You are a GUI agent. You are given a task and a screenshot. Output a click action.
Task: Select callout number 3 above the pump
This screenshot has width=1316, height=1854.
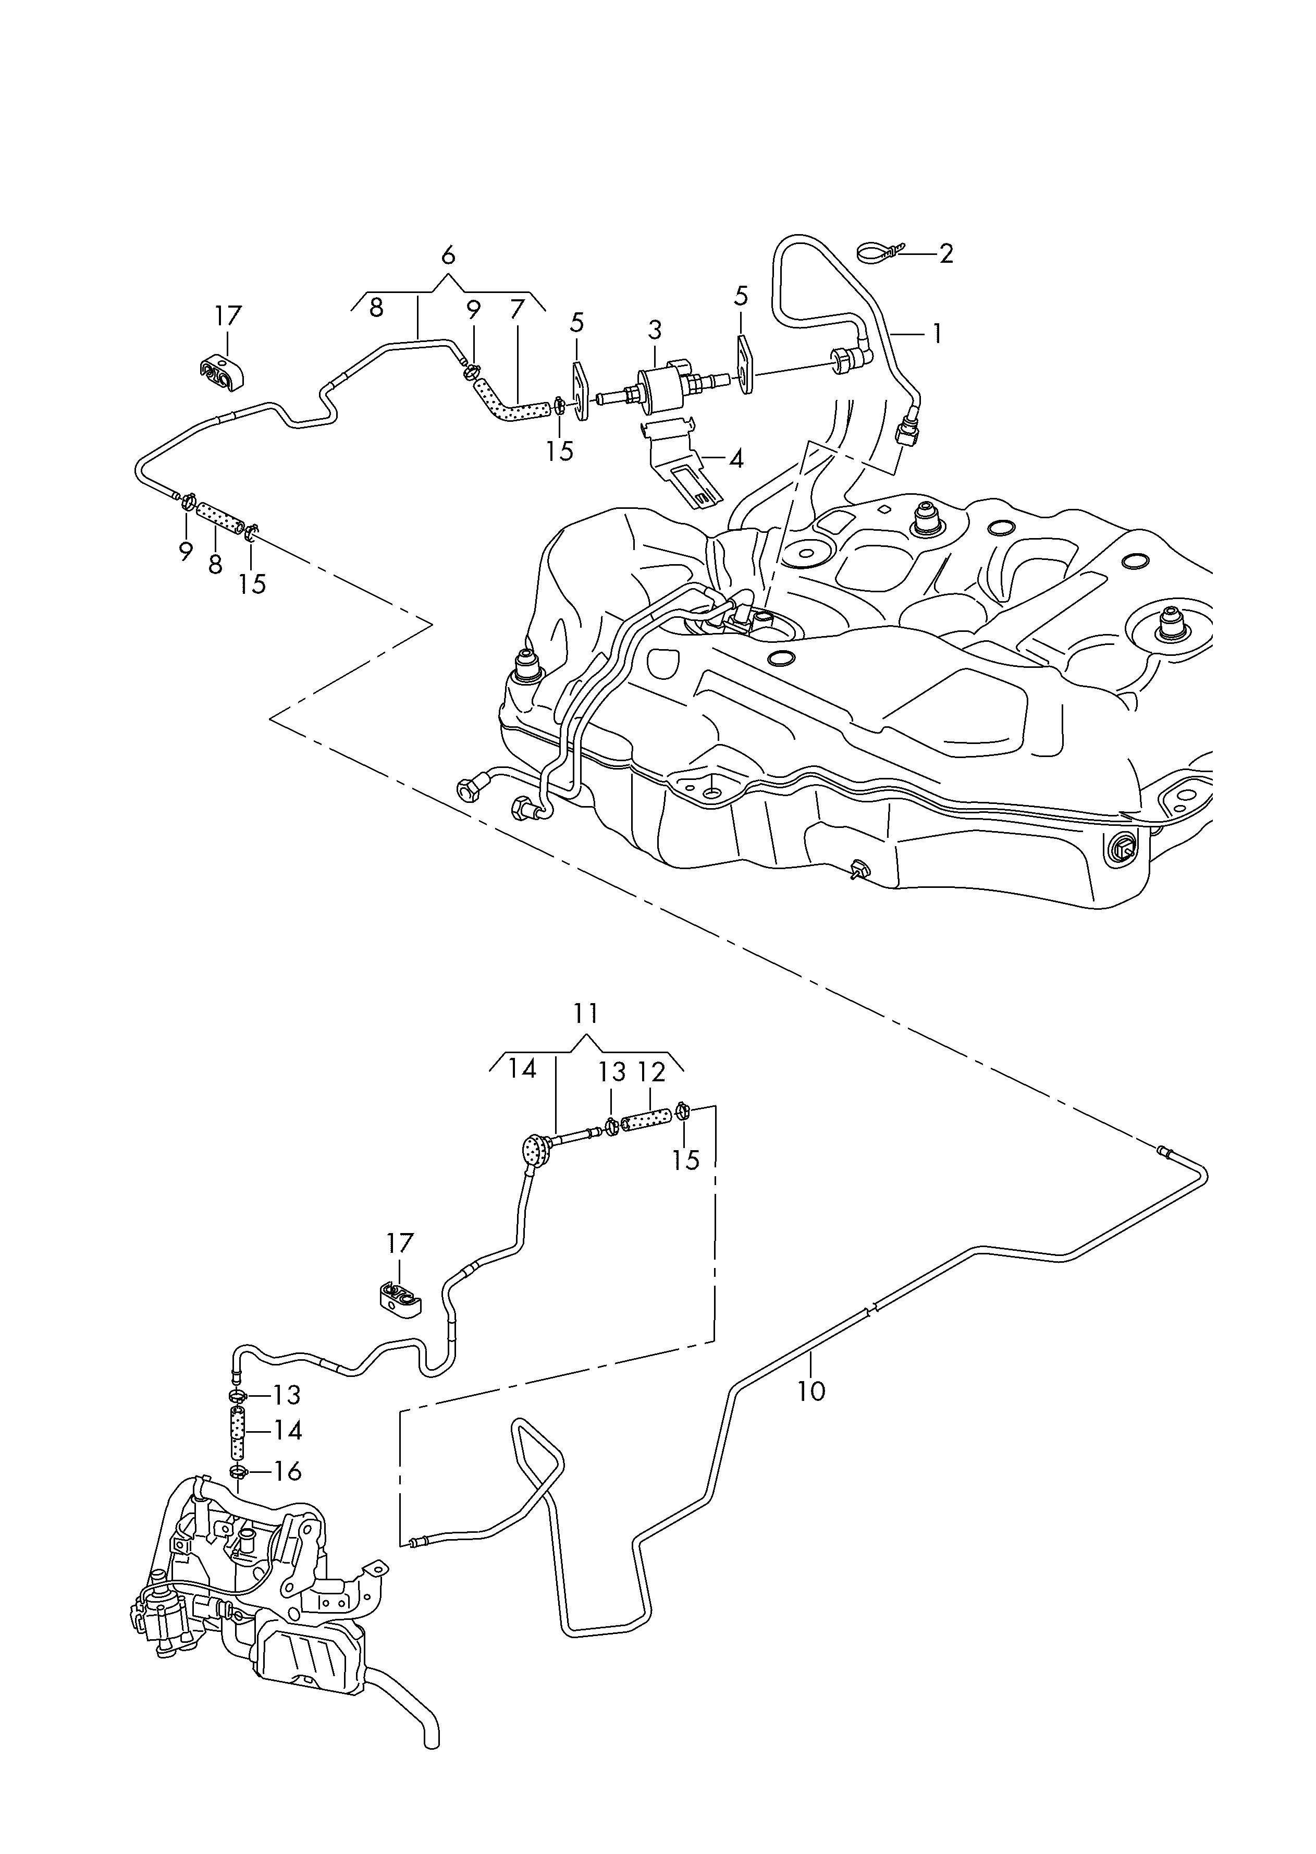click(x=655, y=330)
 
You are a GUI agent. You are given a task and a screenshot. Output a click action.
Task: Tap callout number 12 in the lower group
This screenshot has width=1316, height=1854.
click(x=651, y=1072)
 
